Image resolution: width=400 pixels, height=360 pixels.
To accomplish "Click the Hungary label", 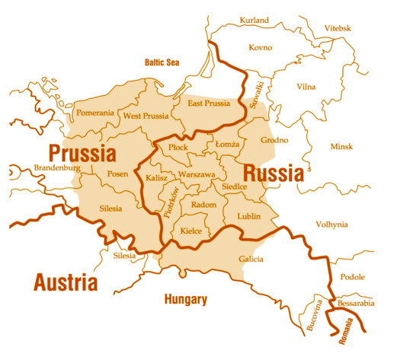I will [x=185, y=299].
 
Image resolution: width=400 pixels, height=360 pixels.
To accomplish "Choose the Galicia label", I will [x=251, y=260].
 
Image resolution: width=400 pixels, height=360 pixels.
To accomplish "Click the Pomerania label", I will [x=95, y=113].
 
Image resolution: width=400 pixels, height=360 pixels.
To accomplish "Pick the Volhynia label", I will [x=331, y=225].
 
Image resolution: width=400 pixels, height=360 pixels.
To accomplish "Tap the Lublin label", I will [x=248, y=216].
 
